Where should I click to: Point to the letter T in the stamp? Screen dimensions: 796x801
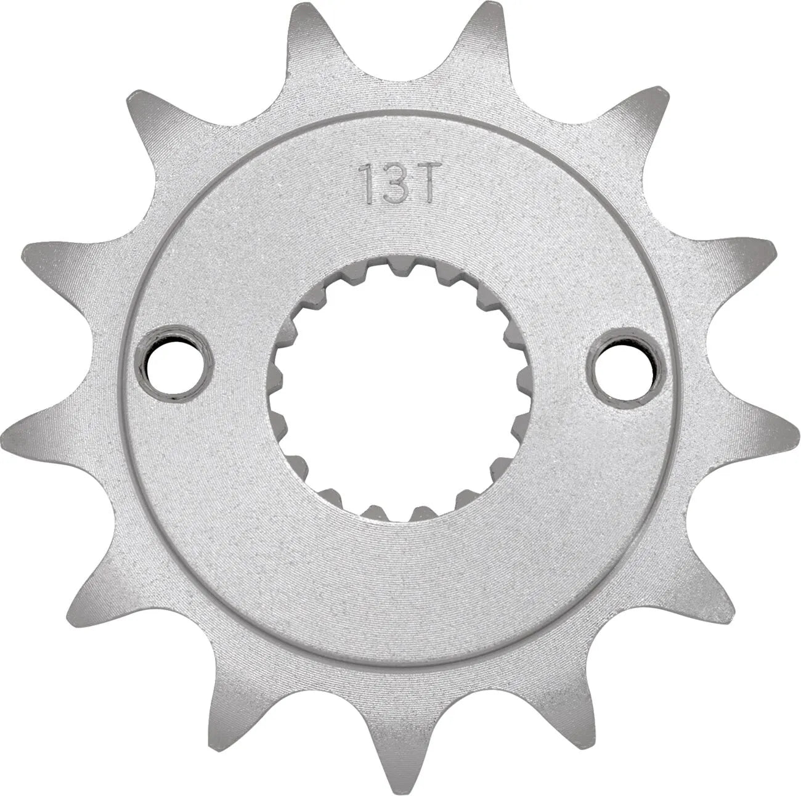(x=426, y=182)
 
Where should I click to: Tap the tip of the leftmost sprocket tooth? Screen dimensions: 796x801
(x=12, y=425)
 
